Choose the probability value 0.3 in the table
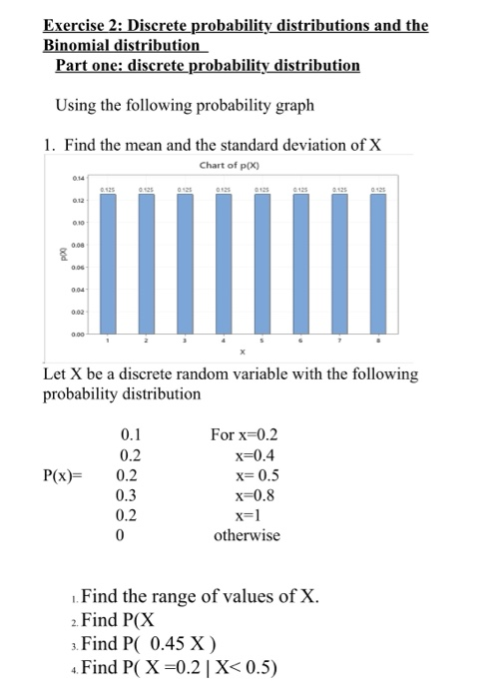pos(129,494)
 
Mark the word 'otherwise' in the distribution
pos(247,535)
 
